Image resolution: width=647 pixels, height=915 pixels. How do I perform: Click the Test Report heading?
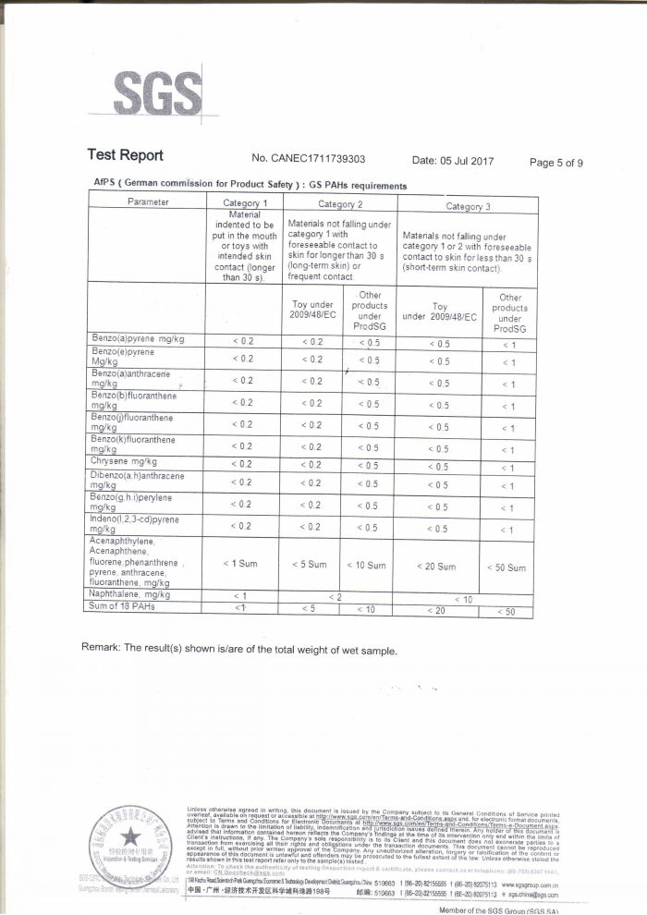[x=125, y=156]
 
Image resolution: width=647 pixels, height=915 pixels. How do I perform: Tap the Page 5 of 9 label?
[x=555, y=163]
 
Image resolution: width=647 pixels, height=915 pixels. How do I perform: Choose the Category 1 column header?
[x=245, y=202]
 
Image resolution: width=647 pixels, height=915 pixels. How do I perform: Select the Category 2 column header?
[x=340, y=203]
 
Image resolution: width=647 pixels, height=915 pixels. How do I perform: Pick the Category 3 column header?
[x=468, y=205]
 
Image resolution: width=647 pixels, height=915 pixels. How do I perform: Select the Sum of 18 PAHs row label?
[x=123, y=606]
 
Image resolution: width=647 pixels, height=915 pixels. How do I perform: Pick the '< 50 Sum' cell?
[x=507, y=567]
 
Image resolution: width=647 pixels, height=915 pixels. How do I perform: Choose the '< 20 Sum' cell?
[x=435, y=566]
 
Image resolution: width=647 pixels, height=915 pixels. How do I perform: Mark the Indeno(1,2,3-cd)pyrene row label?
[x=136, y=525]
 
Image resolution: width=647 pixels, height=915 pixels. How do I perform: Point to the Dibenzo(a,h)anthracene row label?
[x=136, y=481]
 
